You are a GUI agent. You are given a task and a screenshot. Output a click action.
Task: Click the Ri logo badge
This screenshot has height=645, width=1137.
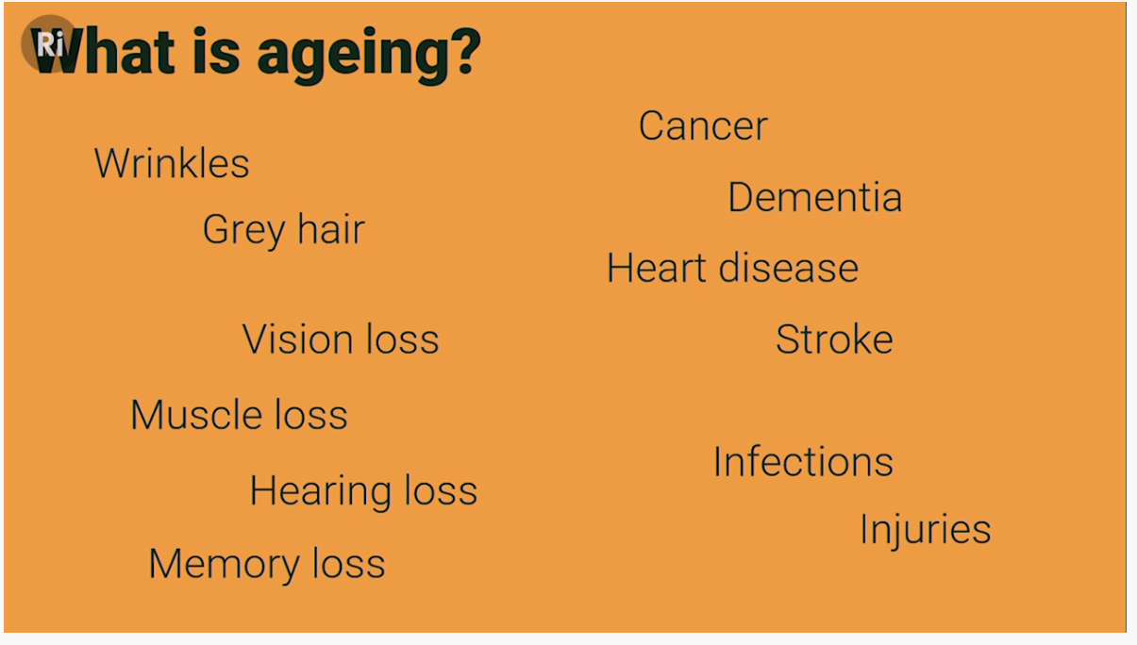click(x=49, y=43)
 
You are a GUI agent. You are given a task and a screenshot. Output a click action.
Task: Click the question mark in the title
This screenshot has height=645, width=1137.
click(x=464, y=50)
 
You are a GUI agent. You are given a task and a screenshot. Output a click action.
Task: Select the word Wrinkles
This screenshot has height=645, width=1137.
click(x=172, y=163)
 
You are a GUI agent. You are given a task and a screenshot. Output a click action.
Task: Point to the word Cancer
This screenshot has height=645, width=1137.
click(x=703, y=125)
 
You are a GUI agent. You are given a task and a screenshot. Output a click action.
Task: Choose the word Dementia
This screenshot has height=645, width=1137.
click(x=814, y=197)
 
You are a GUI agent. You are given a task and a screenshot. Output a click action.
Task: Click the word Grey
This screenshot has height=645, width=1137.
click(x=244, y=232)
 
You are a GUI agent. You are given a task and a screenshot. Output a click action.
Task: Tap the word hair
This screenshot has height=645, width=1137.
click(x=331, y=229)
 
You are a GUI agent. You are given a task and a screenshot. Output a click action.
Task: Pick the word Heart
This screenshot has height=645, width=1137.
click(x=657, y=267)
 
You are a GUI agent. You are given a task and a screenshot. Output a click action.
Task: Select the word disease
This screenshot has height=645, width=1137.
click(x=788, y=267)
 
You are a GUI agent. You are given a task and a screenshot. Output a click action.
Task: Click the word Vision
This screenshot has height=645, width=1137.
click(x=298, y=339)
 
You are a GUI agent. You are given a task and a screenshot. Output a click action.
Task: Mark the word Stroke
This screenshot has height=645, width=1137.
click(x=834, y=339)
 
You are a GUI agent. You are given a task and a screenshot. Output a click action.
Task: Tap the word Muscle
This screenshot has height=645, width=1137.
click(x=196, y=414)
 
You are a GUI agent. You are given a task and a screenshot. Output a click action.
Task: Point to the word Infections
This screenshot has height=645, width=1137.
click(x=803, y=461)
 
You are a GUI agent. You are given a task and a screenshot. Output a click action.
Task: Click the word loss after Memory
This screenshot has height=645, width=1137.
click(x=349, y=563)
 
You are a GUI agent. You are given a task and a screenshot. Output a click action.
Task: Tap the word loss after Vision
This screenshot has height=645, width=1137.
click(x=403, y=339)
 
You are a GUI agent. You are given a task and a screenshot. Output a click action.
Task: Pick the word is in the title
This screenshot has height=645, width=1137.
click(x=215, y=51)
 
